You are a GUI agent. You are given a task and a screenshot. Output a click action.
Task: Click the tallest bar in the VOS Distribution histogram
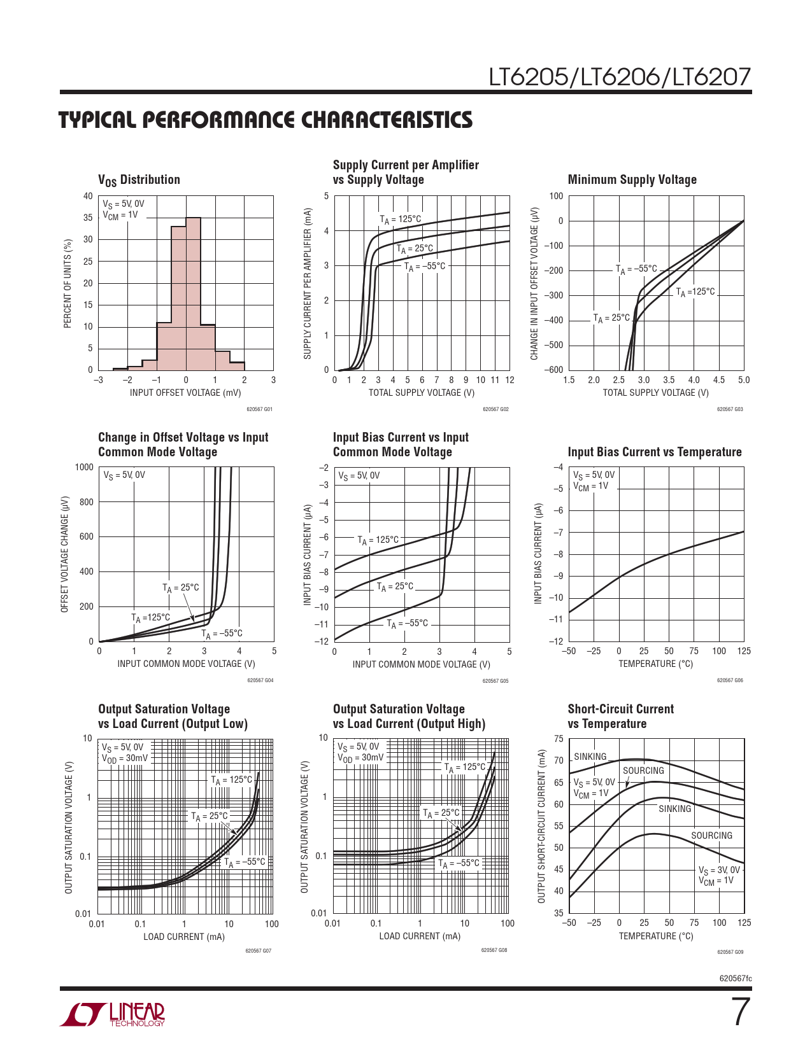coord(193,293)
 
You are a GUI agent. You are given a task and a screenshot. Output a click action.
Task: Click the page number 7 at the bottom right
coord(739,1012)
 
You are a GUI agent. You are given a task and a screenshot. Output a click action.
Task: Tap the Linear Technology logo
coord(113,1014)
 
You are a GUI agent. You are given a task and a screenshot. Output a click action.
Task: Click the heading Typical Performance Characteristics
coord(266,120)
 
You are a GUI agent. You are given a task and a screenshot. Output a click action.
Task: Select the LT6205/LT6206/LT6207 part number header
coord(620,77)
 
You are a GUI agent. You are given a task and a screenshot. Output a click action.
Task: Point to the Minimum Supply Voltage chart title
coord(632,179)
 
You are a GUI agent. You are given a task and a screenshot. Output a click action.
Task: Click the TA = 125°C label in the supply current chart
coord(401,220)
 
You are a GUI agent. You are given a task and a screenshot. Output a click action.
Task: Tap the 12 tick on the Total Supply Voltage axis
coord(509,380)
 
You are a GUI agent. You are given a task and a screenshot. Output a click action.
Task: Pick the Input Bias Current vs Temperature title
coord(654,452)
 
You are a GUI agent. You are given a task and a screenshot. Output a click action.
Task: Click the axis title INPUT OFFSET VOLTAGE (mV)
coord(185,393)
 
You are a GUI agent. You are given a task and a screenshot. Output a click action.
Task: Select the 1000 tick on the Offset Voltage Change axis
coord(84,467)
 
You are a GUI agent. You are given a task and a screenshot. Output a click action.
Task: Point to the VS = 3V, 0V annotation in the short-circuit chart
coord(719,870)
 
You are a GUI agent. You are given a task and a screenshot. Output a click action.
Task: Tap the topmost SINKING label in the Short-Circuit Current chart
coord(590,757)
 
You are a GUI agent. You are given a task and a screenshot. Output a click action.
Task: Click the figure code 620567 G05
coord(495,681)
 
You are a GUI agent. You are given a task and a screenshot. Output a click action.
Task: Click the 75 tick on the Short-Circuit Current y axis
coord(559,739)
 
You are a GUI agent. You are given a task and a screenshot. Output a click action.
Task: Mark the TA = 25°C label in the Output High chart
coord(441,813)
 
